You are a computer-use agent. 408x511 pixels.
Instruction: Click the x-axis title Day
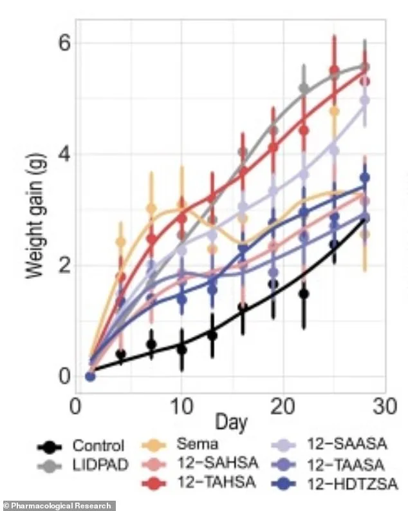click(231, 423)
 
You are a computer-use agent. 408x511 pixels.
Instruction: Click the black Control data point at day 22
click(304, 294)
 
